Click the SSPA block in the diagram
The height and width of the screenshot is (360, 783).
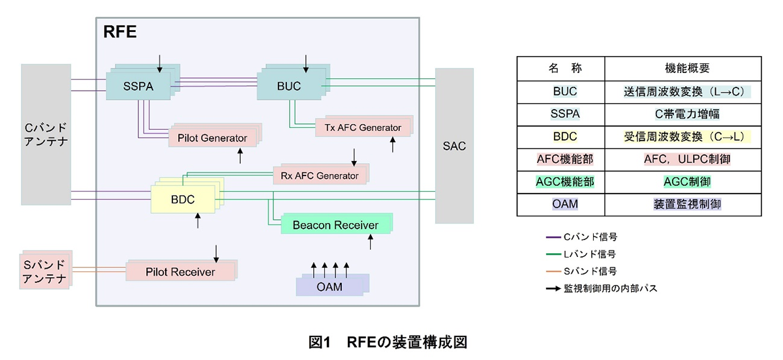138,86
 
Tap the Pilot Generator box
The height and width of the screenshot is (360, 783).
212,138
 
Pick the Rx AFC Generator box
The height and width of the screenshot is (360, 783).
320,175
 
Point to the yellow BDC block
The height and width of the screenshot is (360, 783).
183,199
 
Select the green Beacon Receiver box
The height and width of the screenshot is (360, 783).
335,225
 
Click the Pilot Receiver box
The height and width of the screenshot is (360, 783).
180,271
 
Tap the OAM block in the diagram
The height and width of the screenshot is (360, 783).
331,287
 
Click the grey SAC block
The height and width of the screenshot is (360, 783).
454,145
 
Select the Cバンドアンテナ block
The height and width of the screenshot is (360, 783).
45,134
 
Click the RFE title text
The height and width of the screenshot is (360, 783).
120,33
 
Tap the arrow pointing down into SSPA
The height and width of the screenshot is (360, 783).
160,63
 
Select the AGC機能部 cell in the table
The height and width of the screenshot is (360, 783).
560,181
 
